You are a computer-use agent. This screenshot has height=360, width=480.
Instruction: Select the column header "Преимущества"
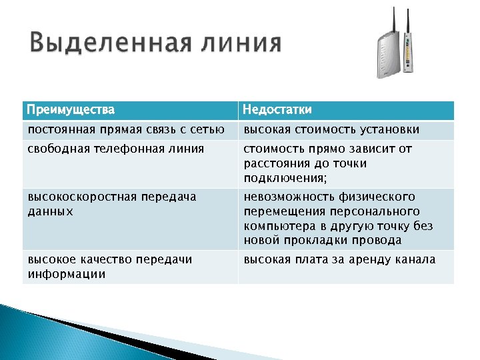coord(71,109)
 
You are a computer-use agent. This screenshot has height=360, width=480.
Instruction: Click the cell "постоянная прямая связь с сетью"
coord(126,129)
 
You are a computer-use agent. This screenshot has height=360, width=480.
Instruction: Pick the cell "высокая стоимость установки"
coord(331,129)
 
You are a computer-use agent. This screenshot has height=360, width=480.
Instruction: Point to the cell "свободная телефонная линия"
coord(116,149)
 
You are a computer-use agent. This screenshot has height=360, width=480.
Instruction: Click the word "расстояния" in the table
coord(276,163)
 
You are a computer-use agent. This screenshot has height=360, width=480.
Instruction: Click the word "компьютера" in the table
coord(278,226)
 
